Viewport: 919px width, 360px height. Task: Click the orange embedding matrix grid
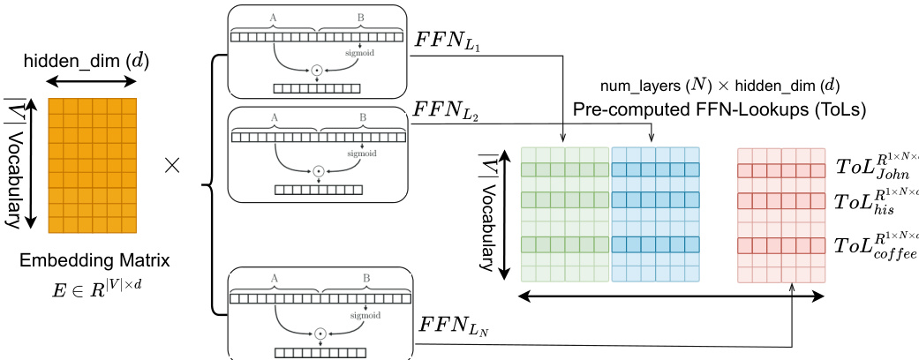pyautogui.click(x=93, y=165)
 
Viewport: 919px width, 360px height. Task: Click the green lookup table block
pyautogui.click(x=565, y=214)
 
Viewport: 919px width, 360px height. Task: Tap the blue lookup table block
pyautogui.click(x=655, y=214)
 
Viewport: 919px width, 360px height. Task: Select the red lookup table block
pyautogui.click(x=781, y=214)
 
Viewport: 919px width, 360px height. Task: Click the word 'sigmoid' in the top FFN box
pyautogui.click(x=362, y=52)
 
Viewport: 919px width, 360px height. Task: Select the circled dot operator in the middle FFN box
pyautogui.click(x=318, y=169)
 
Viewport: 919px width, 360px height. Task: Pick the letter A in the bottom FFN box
pyautogui.click(x=275, y=279)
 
